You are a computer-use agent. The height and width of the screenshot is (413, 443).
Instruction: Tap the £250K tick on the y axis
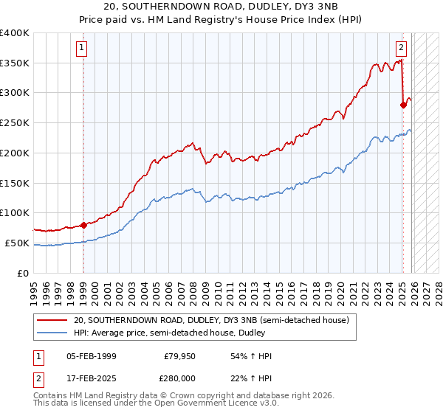tap(15, 123)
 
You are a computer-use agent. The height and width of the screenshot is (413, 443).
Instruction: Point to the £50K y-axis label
tap(17, 243)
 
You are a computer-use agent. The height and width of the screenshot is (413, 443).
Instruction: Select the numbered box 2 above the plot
tap(401, 49)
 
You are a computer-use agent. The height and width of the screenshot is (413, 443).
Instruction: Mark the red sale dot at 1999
tap(83, 225)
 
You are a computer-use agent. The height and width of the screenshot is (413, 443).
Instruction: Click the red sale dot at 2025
tap(403, 105)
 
